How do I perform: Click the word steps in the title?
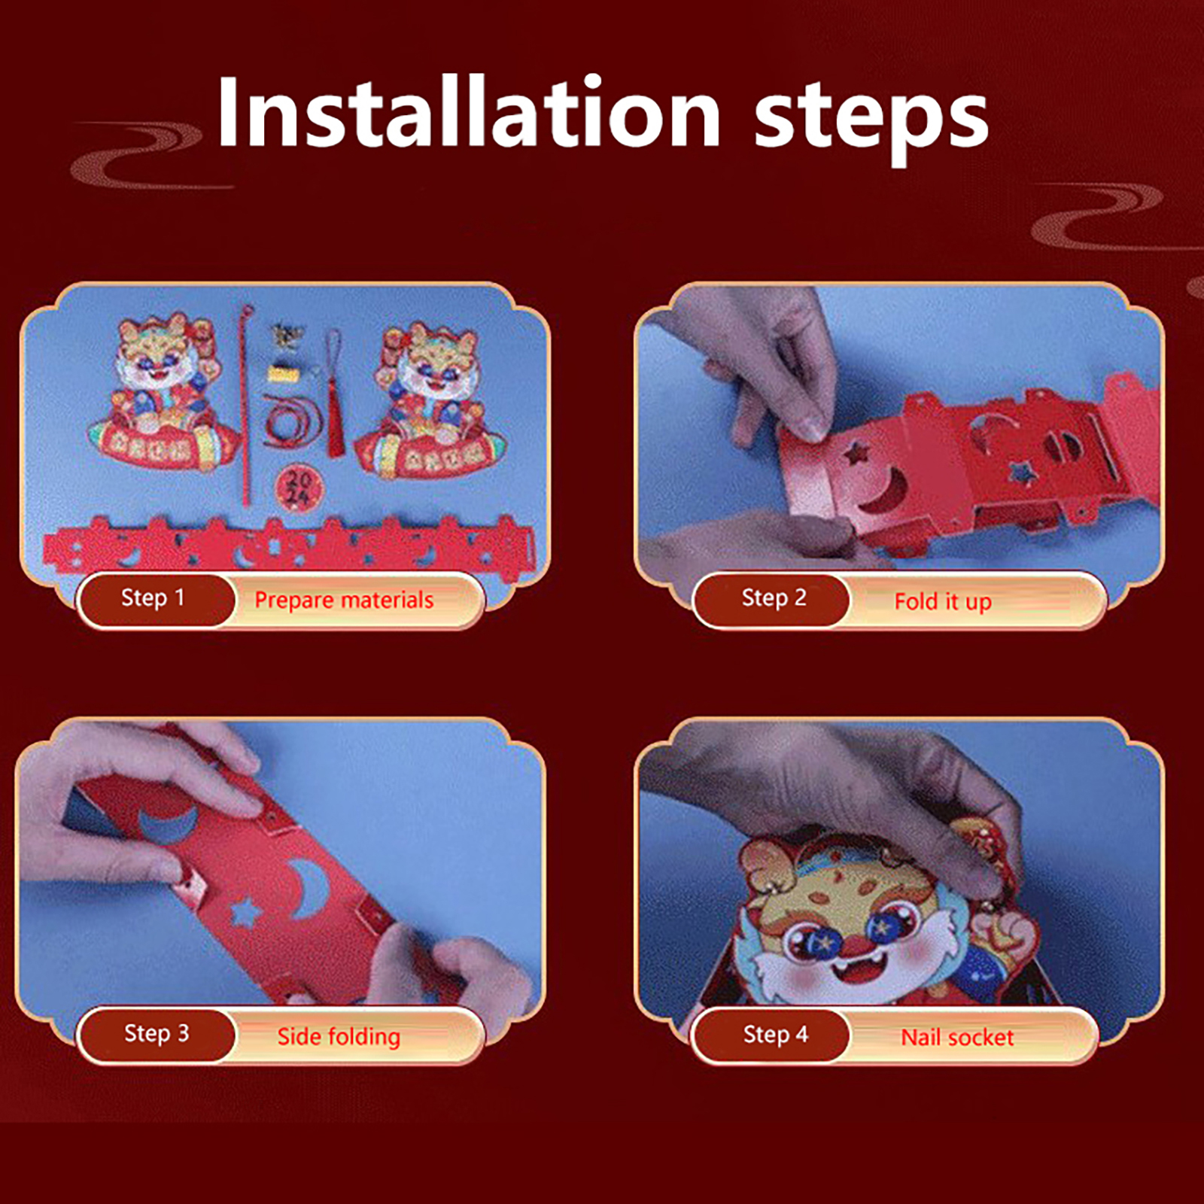coord(871,119)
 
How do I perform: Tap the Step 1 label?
coord(153,597)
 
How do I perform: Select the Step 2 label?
coord(774,597)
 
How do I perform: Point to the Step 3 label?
coord(157,1033)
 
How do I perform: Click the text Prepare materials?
coord(344,600)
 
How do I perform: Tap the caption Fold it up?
coord(943,601)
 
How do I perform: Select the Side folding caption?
coord(339,1036)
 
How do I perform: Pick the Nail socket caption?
coord(957,1037)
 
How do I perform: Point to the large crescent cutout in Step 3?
coord(310,889)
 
